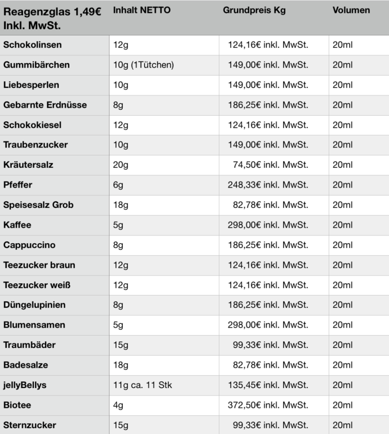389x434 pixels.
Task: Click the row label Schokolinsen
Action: (32, 45)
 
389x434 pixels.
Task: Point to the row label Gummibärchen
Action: (36, 65)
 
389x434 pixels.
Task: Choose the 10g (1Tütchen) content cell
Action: (143, 65)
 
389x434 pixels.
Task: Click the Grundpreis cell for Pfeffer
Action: (268, 185)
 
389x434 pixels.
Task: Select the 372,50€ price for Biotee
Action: (268, 405)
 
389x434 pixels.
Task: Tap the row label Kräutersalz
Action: (29, 165)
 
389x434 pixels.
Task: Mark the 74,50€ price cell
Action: (270, 165)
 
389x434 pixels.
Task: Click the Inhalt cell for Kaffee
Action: (118, 225)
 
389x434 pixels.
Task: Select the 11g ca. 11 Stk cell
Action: (142, 385)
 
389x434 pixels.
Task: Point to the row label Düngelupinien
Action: (35, 305)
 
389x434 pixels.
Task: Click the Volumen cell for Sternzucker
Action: (342, 425)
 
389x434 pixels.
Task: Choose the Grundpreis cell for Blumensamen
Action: (268, 325)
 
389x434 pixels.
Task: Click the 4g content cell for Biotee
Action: (118, 405)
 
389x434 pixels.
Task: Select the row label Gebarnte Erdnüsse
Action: (45, 105)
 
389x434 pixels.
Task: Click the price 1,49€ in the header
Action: (85, 12)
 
